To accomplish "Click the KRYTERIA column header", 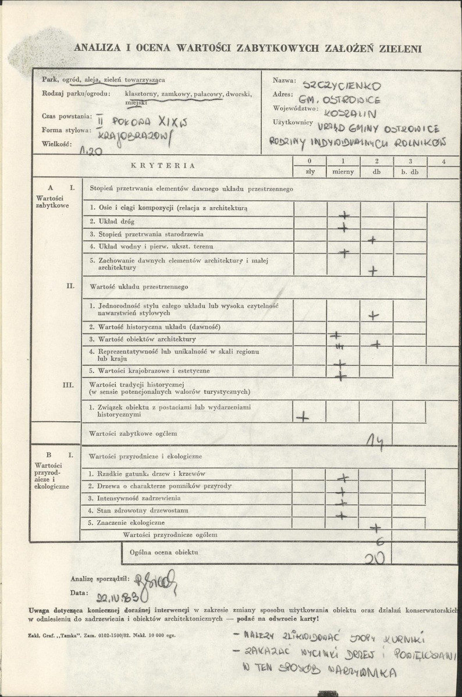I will pyautogui.click(x=163, y=165).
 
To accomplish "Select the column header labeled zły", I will pyautogui.click(x=310, y=172).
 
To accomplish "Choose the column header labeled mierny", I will pyautogui.click(x=343, y=172).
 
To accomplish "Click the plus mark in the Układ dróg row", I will pyautogui.click(x=343, y=226).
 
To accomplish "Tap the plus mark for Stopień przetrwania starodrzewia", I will pyautogui.click(x=372, y=239).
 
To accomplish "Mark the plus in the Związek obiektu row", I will pyautogui.click(x=303, y=417).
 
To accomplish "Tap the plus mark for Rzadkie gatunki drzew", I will pyautogui.click(x=343, y=478).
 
